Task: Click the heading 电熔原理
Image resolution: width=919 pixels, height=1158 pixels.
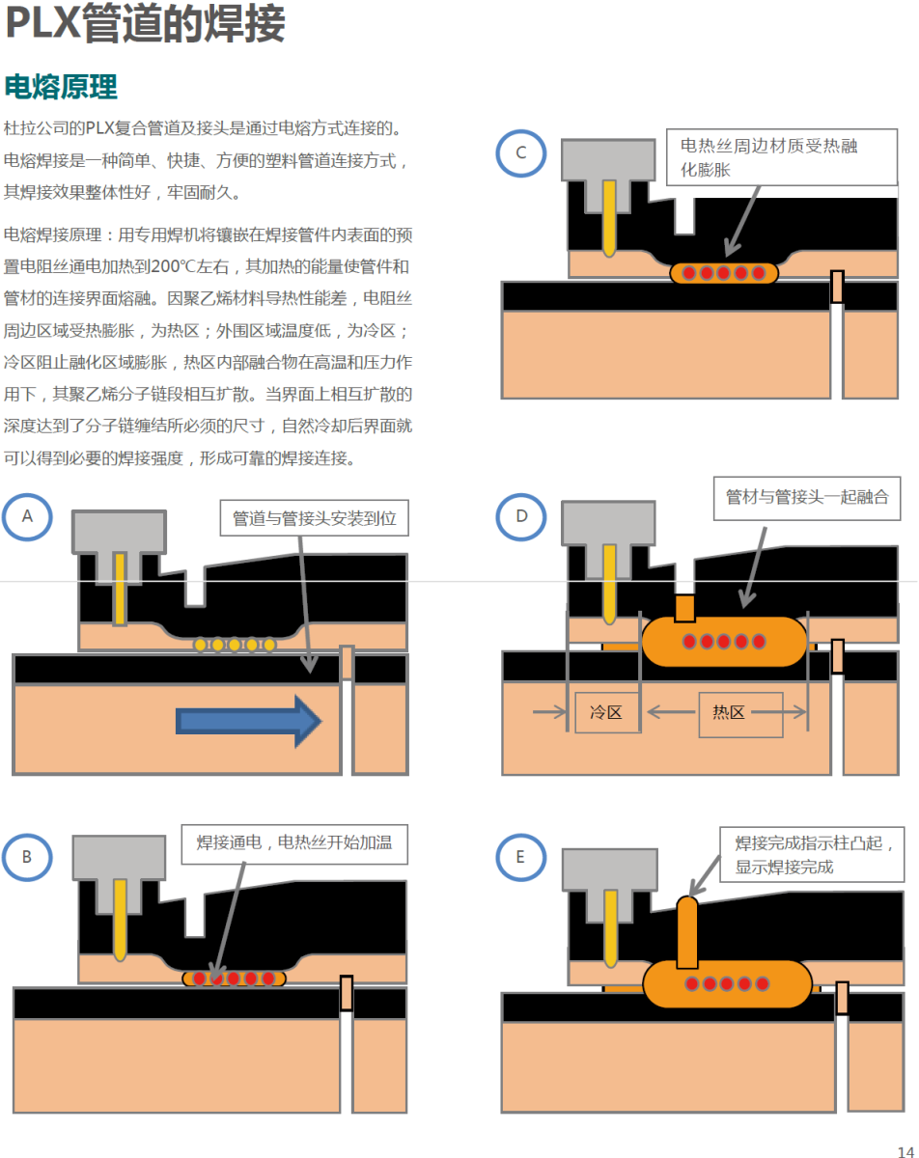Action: tap(61, 87)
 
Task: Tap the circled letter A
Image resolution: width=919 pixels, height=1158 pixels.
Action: tap(27, 516)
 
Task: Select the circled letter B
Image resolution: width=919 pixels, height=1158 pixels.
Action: tap(27, 856)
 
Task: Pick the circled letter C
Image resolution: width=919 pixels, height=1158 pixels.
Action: tap(521, 152)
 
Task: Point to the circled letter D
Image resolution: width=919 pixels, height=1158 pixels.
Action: tap(521, 516)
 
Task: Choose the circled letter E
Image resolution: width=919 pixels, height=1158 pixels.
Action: tap(521, 856)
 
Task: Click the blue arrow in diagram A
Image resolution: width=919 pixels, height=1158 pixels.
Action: tap(249, 720)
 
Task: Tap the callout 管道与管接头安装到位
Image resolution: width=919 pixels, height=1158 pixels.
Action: tap(315, 518)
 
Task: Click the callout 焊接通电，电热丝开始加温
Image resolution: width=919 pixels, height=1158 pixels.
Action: tap(294, 843)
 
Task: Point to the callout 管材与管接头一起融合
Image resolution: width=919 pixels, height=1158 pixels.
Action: tap(807, 498)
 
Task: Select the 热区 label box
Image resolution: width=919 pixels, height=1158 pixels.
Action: tap(729, 713)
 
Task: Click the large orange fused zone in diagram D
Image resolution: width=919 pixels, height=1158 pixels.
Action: tap(724, 641)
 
